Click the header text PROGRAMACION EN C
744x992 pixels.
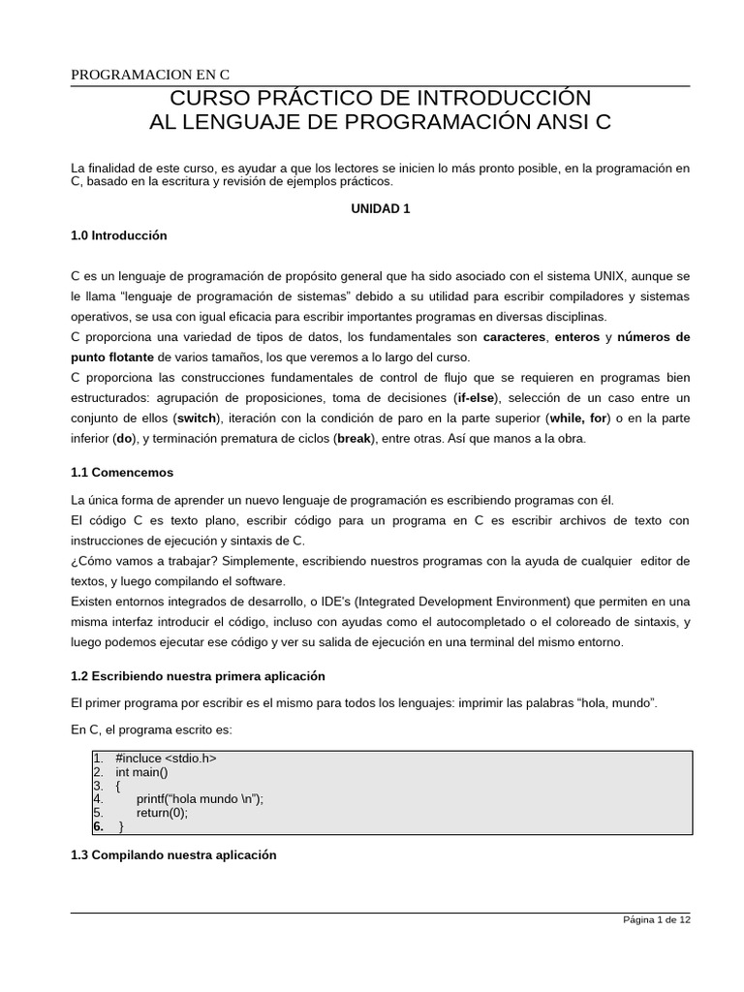point(150,76)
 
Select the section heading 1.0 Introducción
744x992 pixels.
point(119,235)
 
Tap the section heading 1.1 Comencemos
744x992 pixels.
point(122,473)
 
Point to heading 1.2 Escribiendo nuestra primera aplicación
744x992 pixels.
point(199,675)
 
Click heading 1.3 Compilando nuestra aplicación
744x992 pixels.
point(174,855)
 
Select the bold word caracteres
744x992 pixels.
point(513,337)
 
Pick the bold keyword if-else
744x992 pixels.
point(476,398)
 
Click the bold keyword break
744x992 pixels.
point(353,439)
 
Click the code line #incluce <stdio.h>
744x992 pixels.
point(166,759)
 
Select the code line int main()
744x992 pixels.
point(141,772)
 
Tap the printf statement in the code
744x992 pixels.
point(200,799)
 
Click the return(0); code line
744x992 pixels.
point(162,813)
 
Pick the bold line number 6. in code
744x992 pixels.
point(99,827)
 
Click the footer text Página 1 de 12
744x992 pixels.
point(656,920)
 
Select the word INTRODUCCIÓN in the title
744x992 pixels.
point(505,99)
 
